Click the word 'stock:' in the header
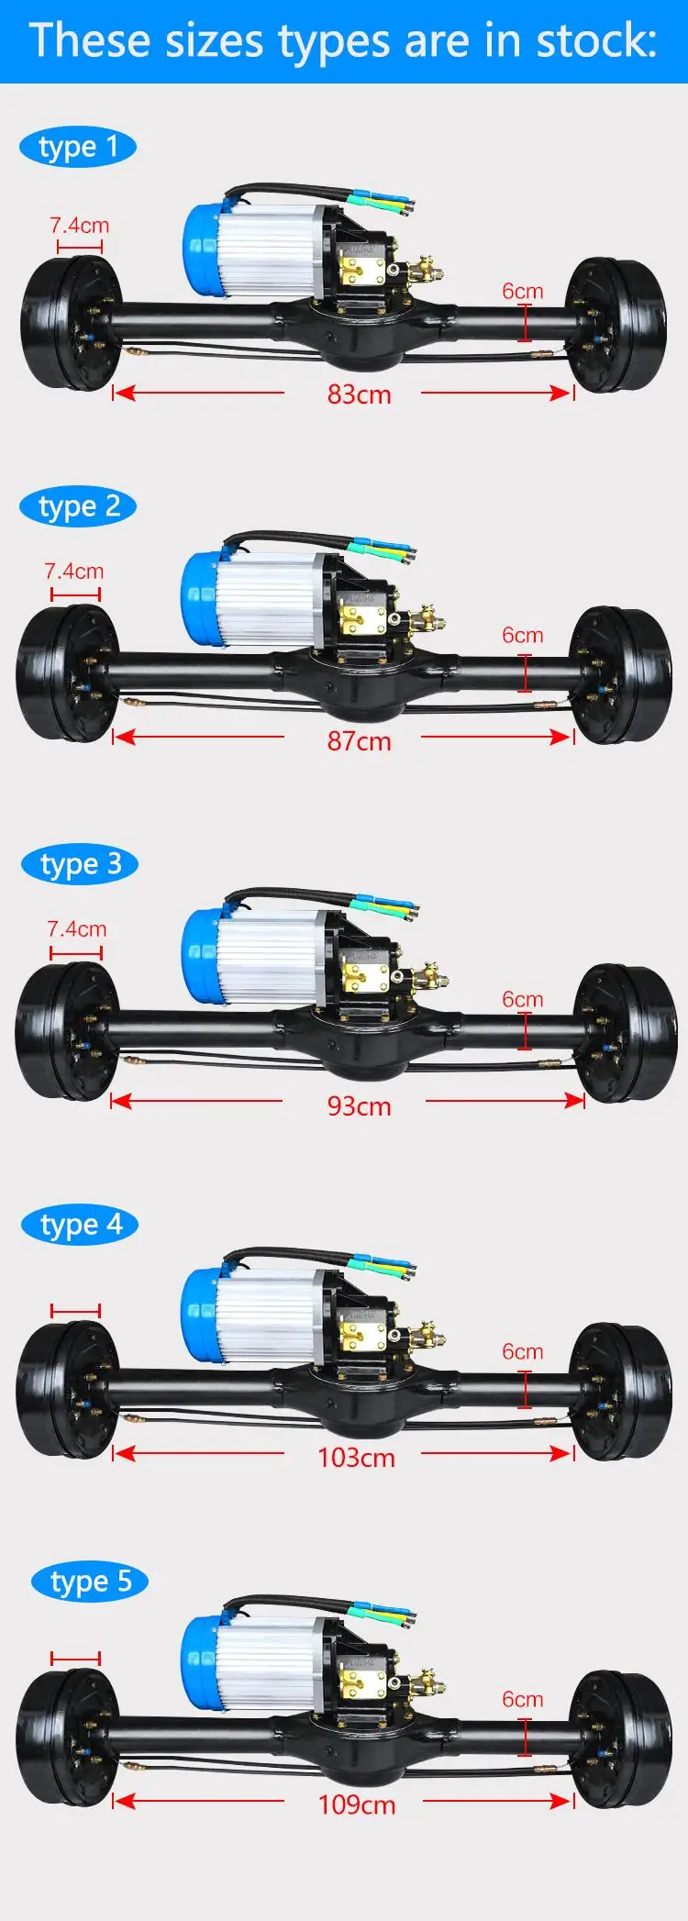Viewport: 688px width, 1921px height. tap(597, 41)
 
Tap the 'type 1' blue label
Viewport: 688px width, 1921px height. tap(78, 147)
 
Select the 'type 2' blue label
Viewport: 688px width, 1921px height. tap(78, 506)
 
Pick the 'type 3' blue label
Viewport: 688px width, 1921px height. tap(80, 864)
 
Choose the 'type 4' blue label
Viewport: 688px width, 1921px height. tap(80, 1225)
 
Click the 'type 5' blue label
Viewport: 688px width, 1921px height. tap(90, 1582)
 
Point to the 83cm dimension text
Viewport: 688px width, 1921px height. tap(359, 394)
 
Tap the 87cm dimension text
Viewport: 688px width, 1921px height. tap(359, 740)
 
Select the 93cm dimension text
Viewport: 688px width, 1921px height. tap(359, 1105)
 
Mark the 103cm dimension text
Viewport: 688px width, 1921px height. tap(356, 1457)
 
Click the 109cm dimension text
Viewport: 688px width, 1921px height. tap(356, 1804)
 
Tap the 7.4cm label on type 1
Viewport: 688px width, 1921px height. tap(79, 226)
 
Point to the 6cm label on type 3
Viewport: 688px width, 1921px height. tap(522, 999)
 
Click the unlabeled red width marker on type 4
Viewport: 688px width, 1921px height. tap(75, 1311)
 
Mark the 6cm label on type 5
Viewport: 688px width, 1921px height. tap(522, 1699)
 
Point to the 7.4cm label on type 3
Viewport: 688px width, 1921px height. tap(76, 929)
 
